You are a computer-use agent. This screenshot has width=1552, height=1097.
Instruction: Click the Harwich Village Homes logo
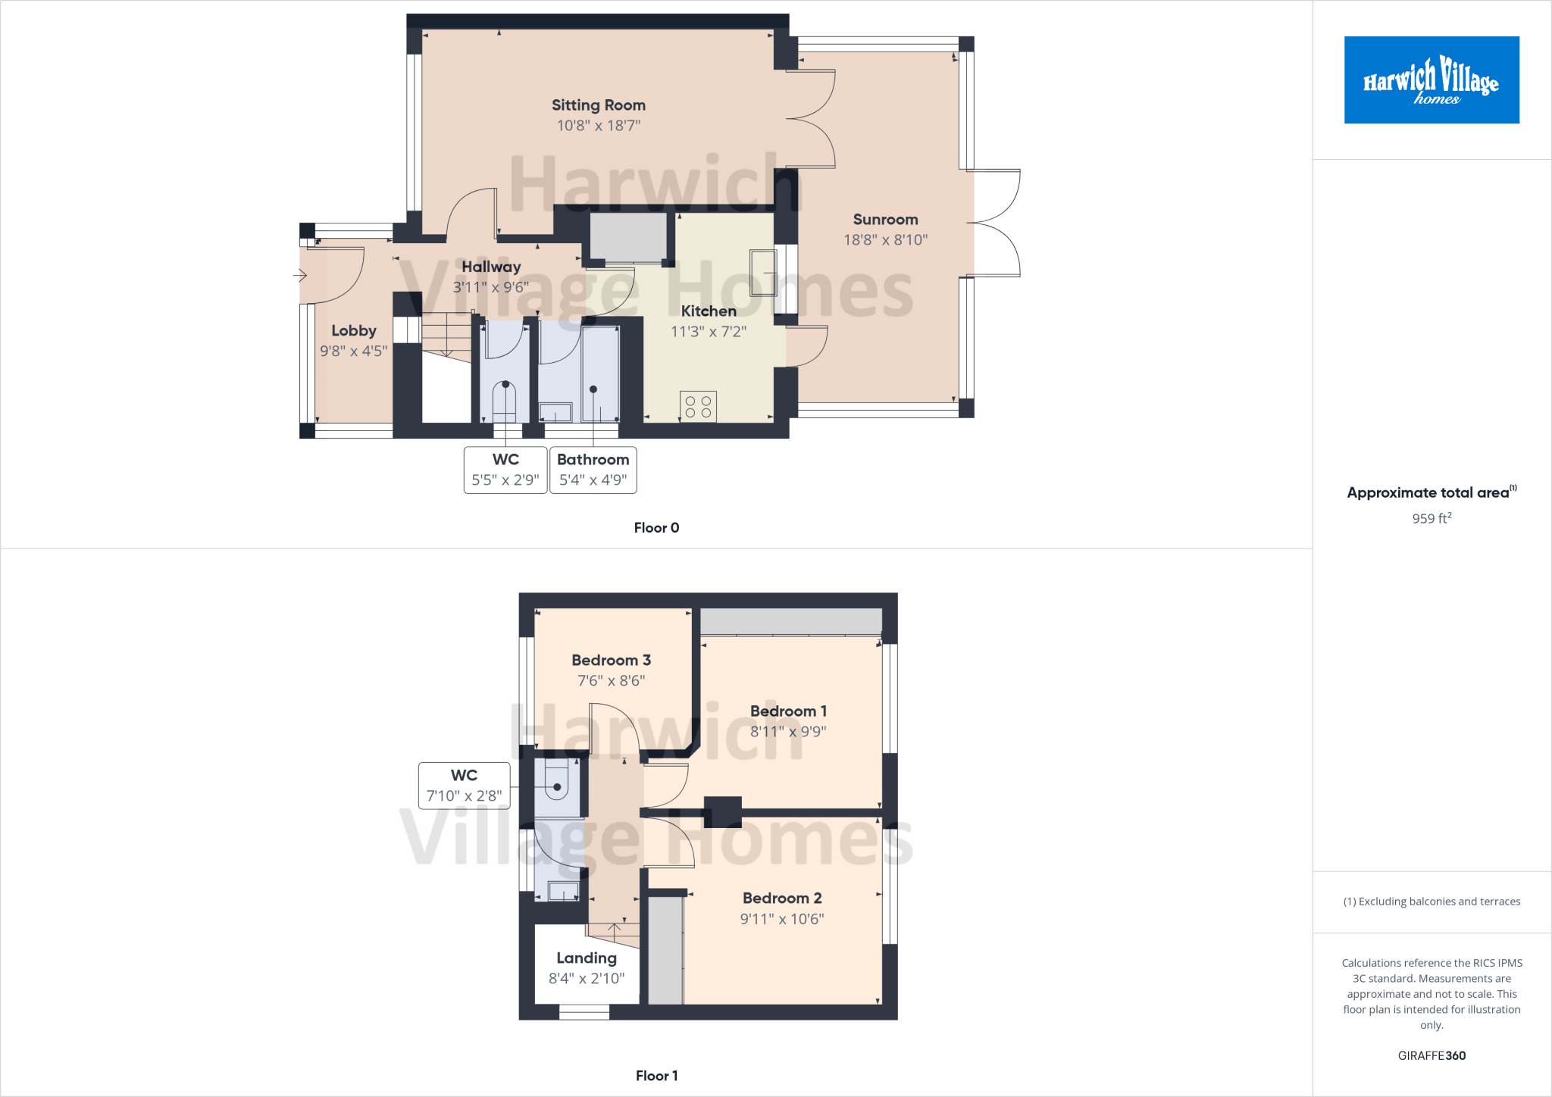(x=1431, y=80)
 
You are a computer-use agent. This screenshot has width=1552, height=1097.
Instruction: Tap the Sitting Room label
(x=598, y=105)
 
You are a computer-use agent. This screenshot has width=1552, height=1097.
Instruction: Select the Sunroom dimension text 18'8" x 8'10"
(x=885, y=240)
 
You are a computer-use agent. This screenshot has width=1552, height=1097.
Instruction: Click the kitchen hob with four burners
(x=698, y=406)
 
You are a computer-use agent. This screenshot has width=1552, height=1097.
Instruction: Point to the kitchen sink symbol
(x=763, y=273)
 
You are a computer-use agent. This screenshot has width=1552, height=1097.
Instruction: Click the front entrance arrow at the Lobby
(x=300, y=276)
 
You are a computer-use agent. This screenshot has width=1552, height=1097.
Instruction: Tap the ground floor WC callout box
(x=505, y=470)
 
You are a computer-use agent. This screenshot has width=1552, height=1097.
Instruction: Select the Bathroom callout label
(x=593, y=460)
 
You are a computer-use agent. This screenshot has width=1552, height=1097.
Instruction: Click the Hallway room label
(x=491, y=267)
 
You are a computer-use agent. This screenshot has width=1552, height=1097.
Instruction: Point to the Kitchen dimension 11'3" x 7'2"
(x=709, y=332)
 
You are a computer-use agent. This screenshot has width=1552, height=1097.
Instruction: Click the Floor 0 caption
(x=656, y=528)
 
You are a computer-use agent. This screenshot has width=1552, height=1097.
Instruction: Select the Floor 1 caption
(x=656, y=1076)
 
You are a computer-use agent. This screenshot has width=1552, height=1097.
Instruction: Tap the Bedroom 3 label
(x=611, y=660)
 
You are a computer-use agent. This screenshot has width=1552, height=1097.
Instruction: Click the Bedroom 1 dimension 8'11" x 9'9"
(x=788, y=732)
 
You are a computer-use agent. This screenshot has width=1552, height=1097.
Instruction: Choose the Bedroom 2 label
(x=782, y=898)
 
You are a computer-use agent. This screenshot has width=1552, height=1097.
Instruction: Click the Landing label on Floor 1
(x=587, y=958)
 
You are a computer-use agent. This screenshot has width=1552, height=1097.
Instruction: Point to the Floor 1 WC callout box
(x=464, y=786)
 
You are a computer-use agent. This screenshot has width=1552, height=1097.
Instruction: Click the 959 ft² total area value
(x=1432, y=519)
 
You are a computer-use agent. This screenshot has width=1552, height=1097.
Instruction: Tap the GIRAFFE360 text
(x=1432, y=1055)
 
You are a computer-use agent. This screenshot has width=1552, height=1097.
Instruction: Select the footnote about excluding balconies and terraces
(x=1432, y=902)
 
